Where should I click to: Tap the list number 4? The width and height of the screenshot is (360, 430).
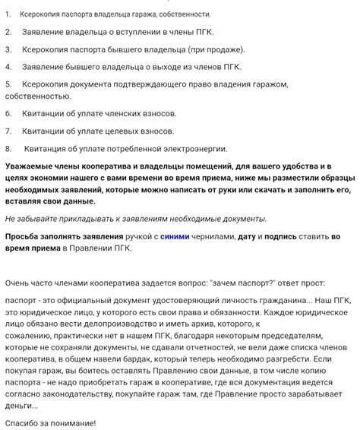click(x=8, y=66)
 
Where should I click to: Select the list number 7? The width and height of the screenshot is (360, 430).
click(x=8, y=131)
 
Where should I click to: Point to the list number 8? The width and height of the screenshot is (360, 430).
click(x=8, y=149)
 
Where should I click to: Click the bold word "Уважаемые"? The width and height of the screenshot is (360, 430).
click(x=32, y=166)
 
